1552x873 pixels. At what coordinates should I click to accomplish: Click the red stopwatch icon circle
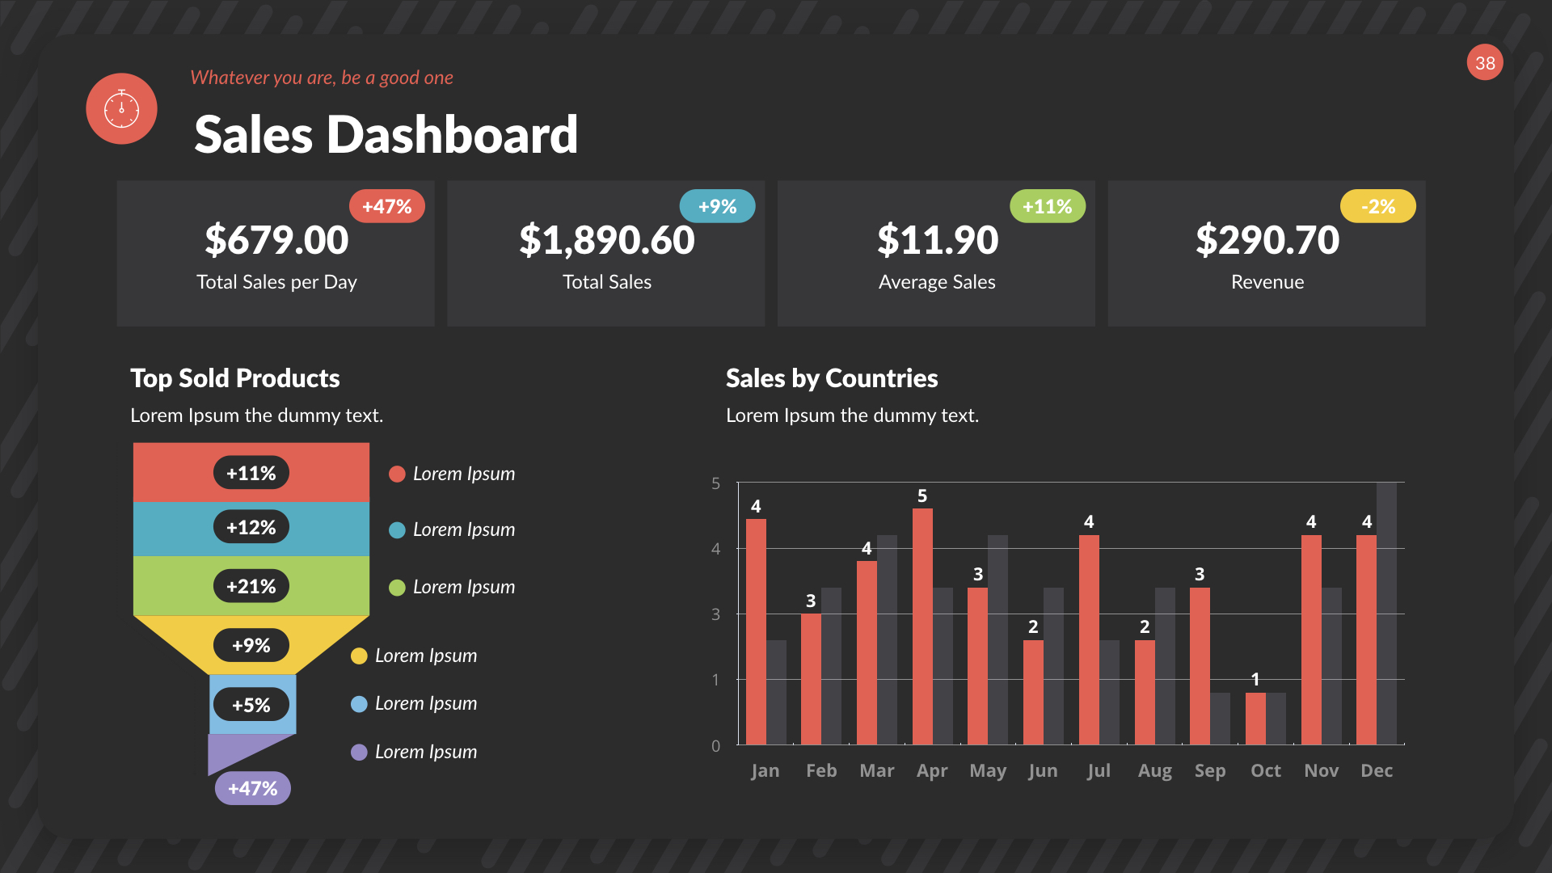[x=121, y=109]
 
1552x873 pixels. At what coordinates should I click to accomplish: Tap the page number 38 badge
[x=1485, y=63]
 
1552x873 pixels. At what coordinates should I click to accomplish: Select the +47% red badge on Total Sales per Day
[x=386, y=206]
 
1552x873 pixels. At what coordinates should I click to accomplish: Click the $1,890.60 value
[x=606, y=240]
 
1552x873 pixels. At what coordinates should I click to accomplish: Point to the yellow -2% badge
[x=1377, y=206]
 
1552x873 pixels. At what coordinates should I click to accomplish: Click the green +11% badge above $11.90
[x=1047, y=206]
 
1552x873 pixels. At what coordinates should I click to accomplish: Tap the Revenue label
[x=1267, y=282]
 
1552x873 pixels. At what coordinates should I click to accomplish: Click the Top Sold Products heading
[x=234, y=378]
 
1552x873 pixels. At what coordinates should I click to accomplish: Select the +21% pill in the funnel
[x=251, y=586]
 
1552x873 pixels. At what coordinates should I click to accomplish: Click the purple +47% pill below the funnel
[x=252, y=788]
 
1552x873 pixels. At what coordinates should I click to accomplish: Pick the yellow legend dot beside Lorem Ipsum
[x=359, y=656]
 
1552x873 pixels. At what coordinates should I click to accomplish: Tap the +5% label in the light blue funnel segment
[x=251, y=705]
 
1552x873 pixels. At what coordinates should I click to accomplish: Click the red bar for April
[x=922, y=626]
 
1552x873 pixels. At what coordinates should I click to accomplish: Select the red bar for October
[x=1255, y=718]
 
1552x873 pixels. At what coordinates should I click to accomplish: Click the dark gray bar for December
[x=1386, y=614]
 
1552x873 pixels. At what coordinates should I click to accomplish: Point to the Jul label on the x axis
[x=1098, y=770]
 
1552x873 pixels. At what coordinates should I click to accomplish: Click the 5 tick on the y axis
[x=715, y=483]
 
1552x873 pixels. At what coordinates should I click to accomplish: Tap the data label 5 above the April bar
[x=922, y=496]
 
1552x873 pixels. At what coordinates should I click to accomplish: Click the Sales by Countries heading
[x=831, y=378]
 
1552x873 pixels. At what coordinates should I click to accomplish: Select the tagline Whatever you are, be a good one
[x=321, y=78]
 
